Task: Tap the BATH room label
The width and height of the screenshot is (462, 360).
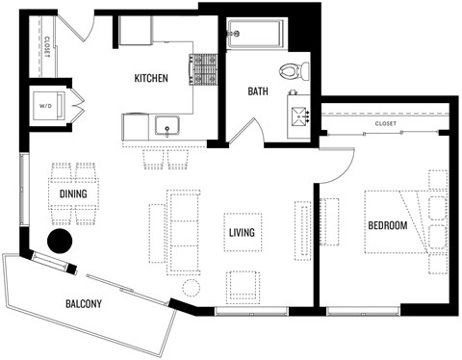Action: coord(258,92)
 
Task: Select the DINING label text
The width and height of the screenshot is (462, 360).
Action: coord(73,193)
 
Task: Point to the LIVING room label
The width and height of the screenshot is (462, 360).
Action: coord(242,232)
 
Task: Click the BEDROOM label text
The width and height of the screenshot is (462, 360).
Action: coord(388,225)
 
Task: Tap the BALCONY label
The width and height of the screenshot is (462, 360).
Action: coord(85,304)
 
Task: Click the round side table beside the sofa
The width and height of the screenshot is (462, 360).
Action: coord(191,288)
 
